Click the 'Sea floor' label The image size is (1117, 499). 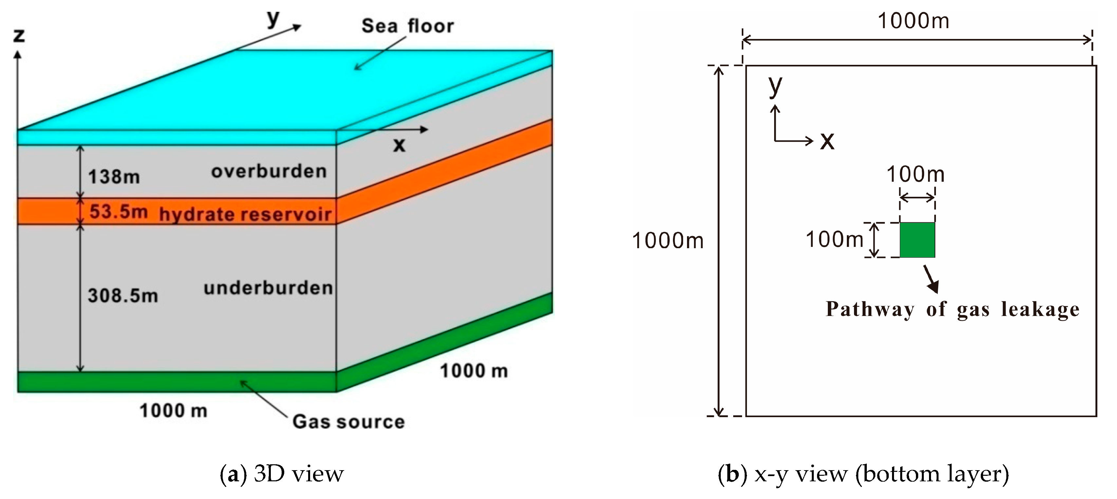(408, 26)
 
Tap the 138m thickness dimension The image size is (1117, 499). (114, 177)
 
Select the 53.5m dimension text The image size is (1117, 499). (118, 212)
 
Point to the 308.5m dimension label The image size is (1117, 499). (123, 296)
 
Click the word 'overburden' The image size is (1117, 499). (269, 172)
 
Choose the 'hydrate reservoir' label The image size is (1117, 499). (245, 214)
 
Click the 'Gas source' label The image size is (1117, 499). (349, 421)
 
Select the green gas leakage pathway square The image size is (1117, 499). (917, 240)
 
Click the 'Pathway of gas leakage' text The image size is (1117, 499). (952, 309)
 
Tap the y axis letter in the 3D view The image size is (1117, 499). (273, 18)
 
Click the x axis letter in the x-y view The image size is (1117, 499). (827, 141)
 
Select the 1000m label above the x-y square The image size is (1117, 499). (913, 21)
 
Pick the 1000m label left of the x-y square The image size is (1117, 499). (668, 241)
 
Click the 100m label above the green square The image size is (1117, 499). (915, 174)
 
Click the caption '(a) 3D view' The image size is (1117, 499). (282, 474)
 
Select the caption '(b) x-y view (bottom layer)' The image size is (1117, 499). (863, 474)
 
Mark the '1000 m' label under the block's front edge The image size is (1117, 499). (174, 411)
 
